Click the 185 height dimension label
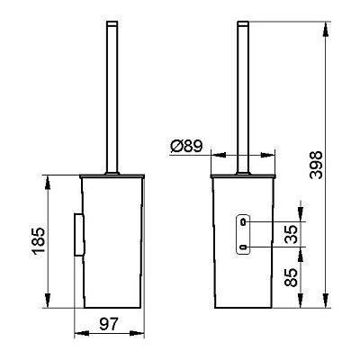[40, 241]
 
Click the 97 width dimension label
[109, 324]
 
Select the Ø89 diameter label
[186, 146]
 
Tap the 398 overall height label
[316, 165]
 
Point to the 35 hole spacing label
[291, 234]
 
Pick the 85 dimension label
[291, 276]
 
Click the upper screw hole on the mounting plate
[243, 222]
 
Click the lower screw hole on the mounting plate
[243, 247]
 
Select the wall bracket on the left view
[79, 235]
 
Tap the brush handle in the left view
[112, 97]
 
